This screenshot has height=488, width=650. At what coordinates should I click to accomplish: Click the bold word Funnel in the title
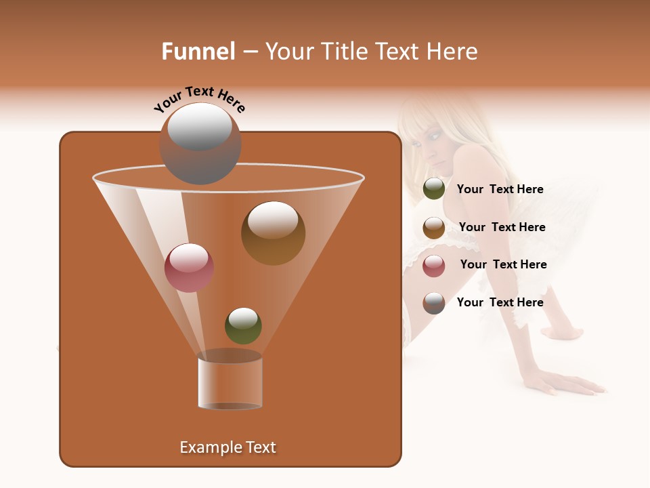point(198,52)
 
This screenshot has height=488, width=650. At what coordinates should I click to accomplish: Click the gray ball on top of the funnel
point(200,144)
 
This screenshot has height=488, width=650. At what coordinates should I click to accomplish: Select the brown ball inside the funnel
point(273,233)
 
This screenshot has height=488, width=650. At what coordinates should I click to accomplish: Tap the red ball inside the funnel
point(189,268)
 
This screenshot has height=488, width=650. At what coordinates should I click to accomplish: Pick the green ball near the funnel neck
point(243,325)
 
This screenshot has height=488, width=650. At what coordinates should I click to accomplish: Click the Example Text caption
point(228,447)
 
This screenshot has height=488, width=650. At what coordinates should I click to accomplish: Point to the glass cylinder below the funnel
point(230,382)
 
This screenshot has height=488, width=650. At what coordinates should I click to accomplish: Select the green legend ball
point(434,189)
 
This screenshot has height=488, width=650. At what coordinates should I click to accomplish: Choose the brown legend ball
point(434,228)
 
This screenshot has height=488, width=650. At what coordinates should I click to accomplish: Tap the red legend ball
point(434,266)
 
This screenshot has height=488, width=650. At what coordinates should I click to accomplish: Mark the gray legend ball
point(434,303)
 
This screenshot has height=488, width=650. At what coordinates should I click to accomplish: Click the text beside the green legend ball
point(500,189)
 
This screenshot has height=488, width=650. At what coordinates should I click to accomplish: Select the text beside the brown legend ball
point(502,227)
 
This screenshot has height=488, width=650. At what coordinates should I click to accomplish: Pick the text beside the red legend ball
point(503,264)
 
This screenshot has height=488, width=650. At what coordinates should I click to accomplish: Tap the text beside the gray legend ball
point(500,302)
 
